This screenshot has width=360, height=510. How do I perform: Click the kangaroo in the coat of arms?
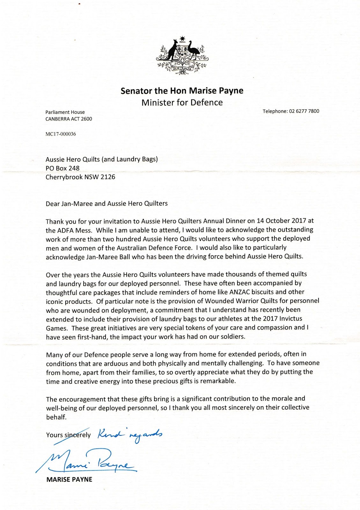tap(173, 49)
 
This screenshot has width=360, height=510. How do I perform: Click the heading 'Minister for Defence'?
tap(182, 102)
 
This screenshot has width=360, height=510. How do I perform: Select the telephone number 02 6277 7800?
tap(304, 111)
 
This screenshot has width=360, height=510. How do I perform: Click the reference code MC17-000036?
tap(61, 134)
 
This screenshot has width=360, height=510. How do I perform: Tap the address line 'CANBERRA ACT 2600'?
tap(69, 119)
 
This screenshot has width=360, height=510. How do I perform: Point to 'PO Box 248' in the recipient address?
tap(62, 168)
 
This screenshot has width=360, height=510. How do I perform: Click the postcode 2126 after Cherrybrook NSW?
tap(108, 177)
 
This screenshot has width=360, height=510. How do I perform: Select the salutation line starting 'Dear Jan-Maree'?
tap(107, 203)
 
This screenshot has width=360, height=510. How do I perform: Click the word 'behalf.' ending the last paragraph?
tap(56, 417)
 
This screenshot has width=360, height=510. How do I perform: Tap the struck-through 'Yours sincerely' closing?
tap(69, 435)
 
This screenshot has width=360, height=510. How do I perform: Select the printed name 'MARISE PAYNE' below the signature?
tap(69, 479)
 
